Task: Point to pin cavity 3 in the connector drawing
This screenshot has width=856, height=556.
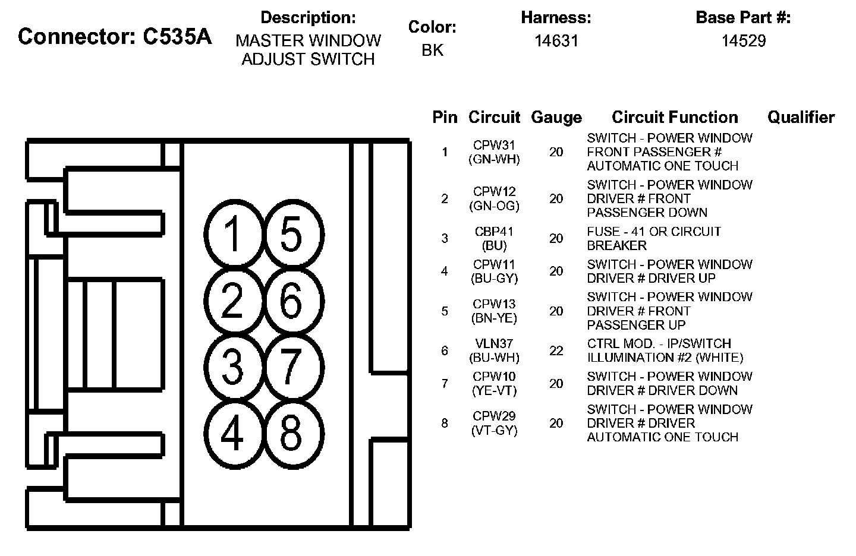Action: point(233,367)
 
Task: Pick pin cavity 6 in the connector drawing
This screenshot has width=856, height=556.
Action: point(291,301)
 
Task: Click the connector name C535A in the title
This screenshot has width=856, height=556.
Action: point(177,37)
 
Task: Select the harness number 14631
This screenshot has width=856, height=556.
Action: point(556,41)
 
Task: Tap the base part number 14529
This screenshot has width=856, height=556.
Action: point(743,41)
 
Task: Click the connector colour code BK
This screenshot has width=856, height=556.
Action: point(432,50)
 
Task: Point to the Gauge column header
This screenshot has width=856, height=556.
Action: point(556,118)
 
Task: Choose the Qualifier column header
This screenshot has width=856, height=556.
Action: point(801,118)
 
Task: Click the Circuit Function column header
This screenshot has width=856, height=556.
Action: point(675,118)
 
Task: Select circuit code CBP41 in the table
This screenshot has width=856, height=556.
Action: point(494,232)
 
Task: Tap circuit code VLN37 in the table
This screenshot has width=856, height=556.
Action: point(494,344)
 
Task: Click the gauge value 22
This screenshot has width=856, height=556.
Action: point(556,351)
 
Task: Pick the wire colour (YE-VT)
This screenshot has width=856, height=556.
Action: point(494,391)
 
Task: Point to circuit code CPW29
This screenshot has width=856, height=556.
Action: point(494,416)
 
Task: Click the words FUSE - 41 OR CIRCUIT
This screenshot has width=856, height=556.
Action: point(654,232)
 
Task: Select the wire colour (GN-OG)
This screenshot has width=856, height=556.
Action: point(494,206)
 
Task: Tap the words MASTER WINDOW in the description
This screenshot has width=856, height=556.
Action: point(308,41)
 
